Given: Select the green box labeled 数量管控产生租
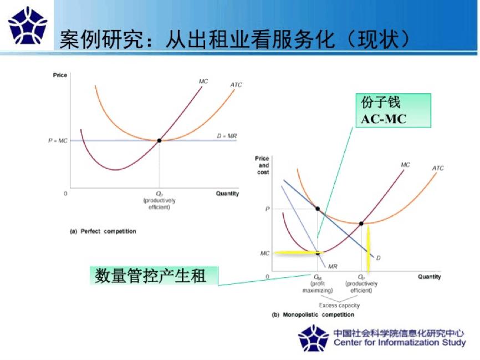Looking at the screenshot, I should click(153, 276).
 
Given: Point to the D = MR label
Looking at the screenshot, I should click(226, 135).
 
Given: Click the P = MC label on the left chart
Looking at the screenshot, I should click(58, 141).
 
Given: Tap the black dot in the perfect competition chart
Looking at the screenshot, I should click(159, 140).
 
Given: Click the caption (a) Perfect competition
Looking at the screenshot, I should click(103, 231).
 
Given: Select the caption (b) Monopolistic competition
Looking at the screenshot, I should click(313, 315).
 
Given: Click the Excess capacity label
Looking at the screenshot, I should click(339, 306).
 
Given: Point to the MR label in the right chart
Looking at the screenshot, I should click(333, 267).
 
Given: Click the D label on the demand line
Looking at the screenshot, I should click(378, 258).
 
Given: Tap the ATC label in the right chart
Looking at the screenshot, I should click(438, 168).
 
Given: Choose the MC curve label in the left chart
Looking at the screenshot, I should click(203, 82).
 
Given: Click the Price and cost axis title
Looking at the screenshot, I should click(262, 165).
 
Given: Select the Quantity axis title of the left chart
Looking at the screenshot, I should click(227, 194).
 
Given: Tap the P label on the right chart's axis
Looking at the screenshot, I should click(267, 209).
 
